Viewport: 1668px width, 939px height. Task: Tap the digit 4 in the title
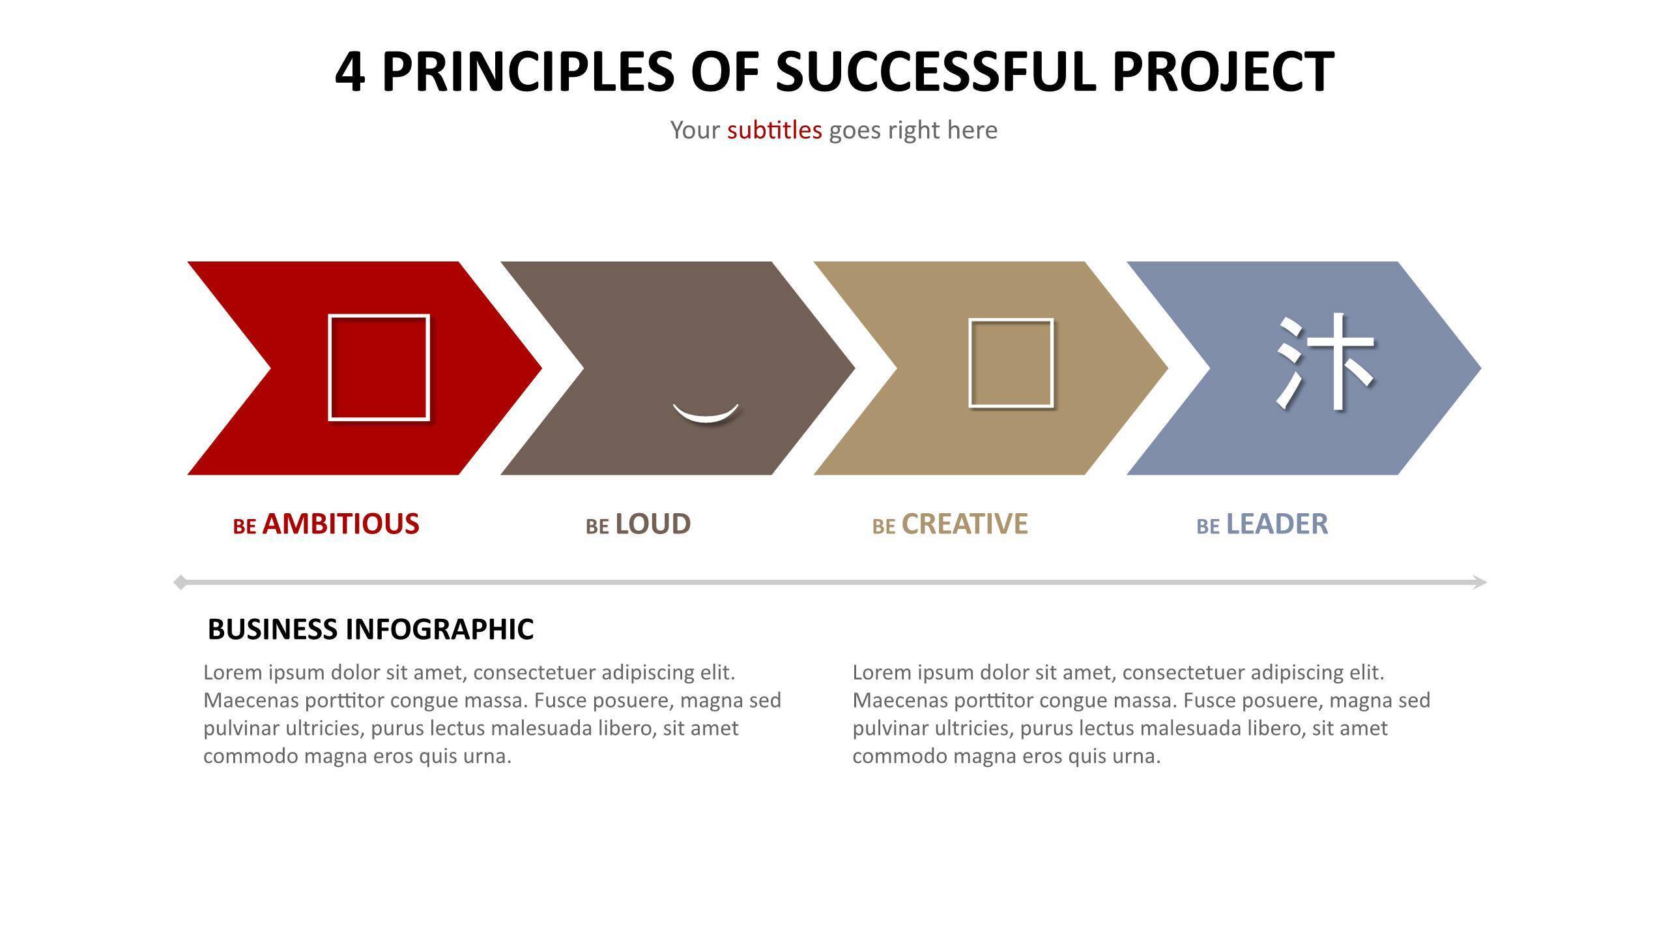[x=349, y=71]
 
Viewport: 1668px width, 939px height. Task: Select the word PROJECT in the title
[x=1223, y=71]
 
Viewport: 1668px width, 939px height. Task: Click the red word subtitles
[x=775, y=130]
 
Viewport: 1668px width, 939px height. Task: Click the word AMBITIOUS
[x=341, y=524]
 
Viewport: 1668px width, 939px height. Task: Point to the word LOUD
[x=653, y=524]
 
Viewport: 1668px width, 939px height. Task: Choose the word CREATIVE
[x=964, y=524]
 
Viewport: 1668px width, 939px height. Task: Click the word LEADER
[x=1277, y=524]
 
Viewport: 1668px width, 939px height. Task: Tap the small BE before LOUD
[x=597, y=526]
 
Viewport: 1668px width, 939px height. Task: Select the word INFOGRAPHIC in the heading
[x=440, y=629]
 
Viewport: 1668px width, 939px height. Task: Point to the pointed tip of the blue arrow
[x=1481, y=368]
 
